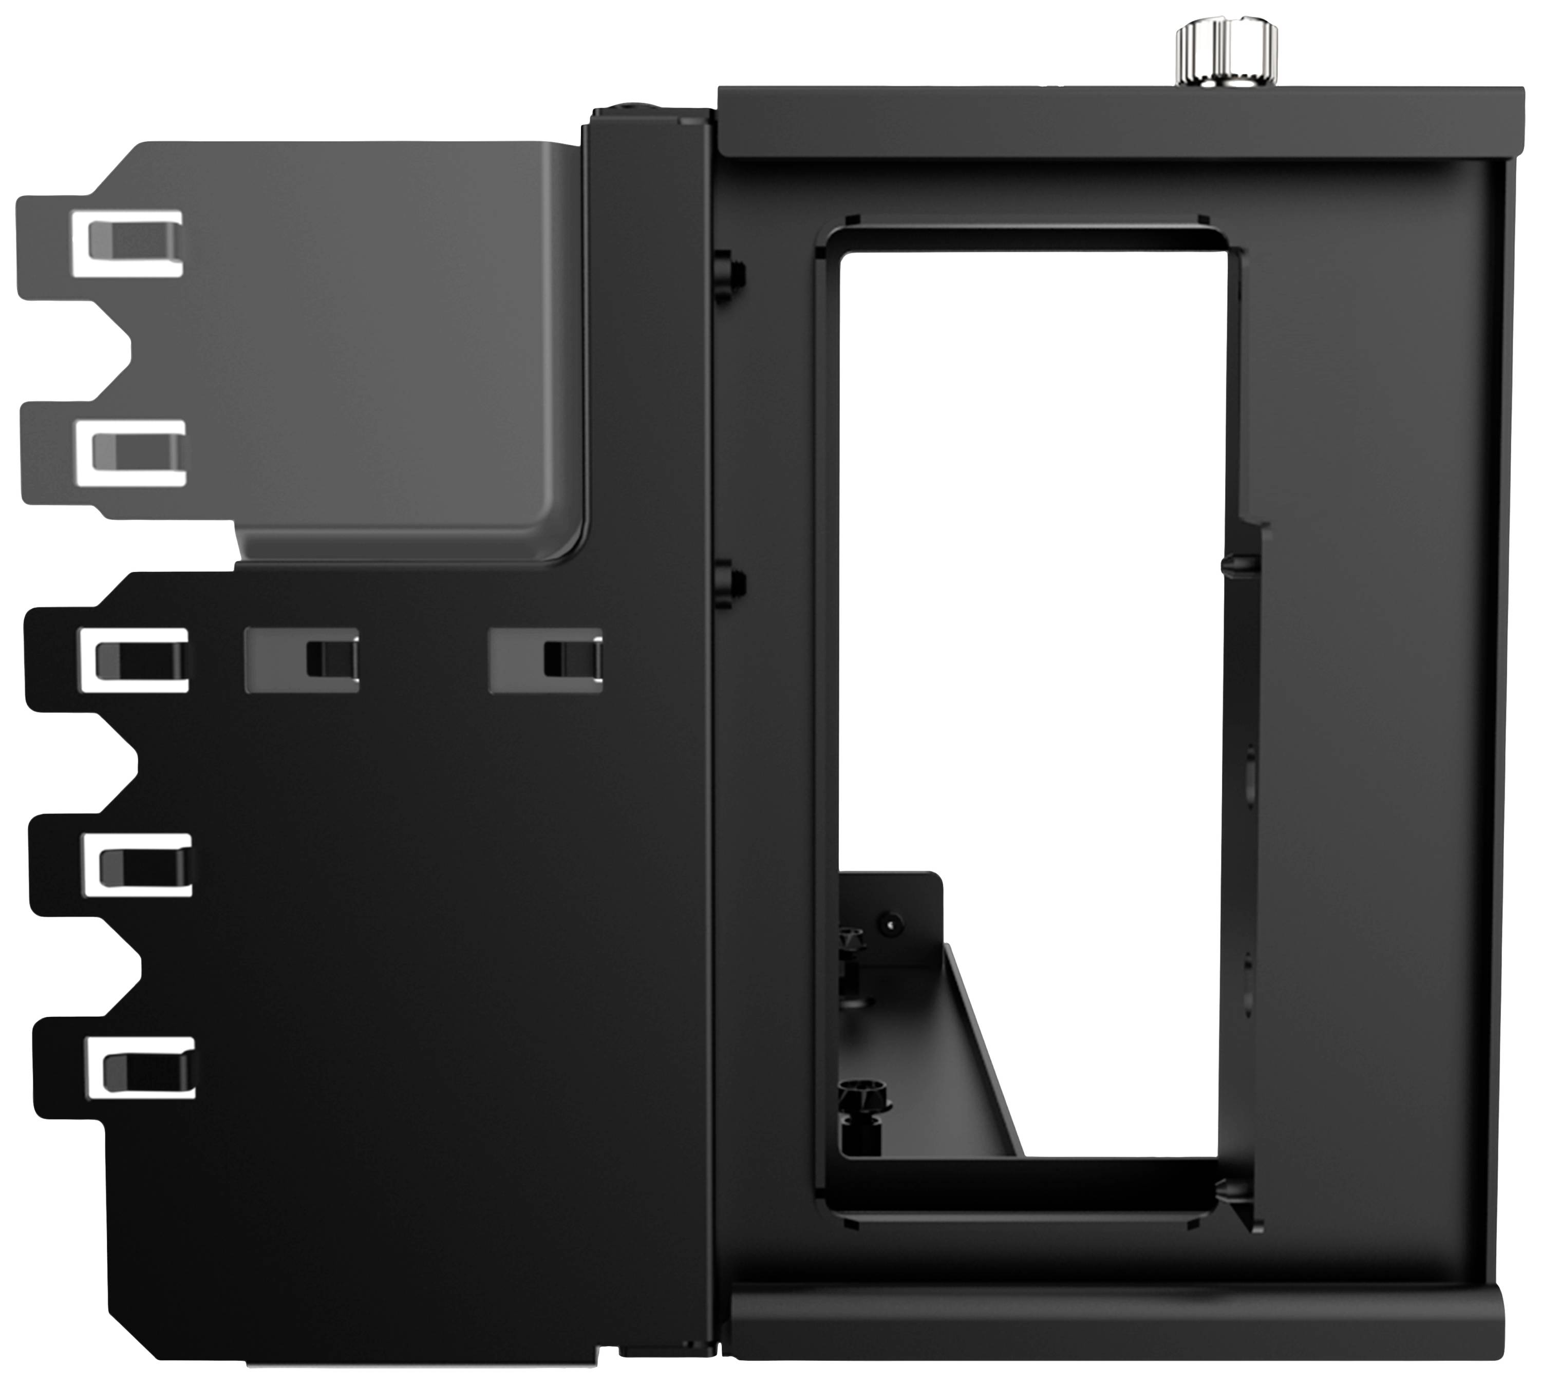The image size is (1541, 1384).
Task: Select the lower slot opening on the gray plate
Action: pyautogui.click(x=133, y=453)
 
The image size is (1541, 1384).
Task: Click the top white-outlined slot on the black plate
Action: pyautogui.click(x=136, y=660)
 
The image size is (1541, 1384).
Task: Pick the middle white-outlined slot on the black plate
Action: pyautogui.click(x=138, y=865)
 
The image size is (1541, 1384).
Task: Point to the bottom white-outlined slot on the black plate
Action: pyautogui.click(x=141, y=1068)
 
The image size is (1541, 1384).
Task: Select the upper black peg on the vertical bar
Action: pyautogui.click(x=730, y=275)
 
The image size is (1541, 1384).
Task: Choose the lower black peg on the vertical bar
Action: pyautogui.click(x=730, y=584)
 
